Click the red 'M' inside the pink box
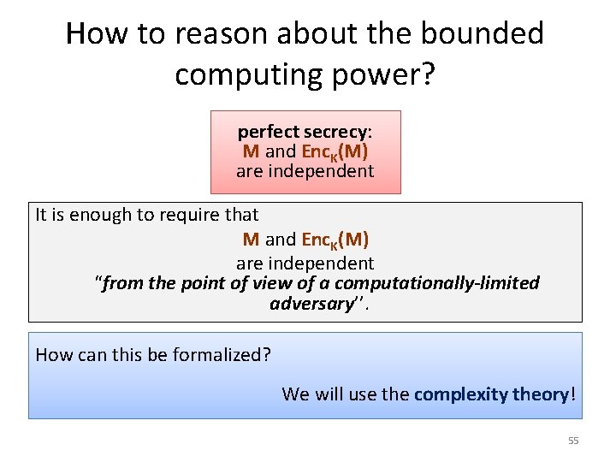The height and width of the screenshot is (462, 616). pos(251,151)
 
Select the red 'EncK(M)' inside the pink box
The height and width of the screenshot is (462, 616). pos(335,151)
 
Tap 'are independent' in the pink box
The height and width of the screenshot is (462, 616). pos(305,170)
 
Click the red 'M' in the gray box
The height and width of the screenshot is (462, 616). pos(251,240)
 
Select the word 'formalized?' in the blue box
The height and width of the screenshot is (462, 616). pos(224,354)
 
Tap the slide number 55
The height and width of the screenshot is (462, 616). pos(573,441)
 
